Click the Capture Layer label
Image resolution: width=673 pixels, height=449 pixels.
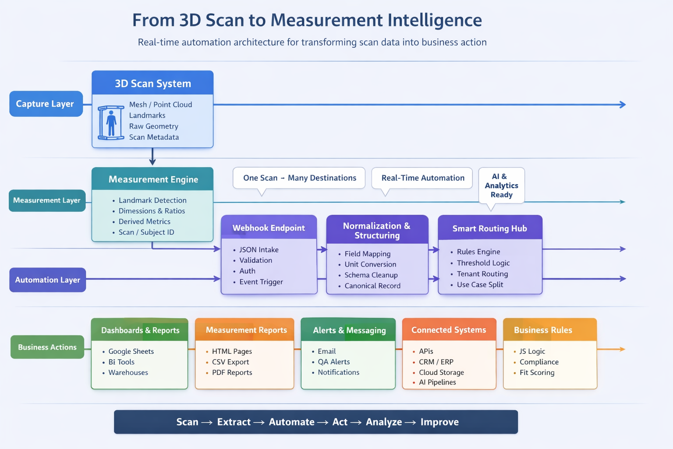coord(46,104)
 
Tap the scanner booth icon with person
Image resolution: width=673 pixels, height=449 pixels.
coord(111,122)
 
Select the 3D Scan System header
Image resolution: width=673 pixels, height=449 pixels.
coord(152,83)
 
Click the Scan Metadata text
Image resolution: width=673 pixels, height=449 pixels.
coord(154,137)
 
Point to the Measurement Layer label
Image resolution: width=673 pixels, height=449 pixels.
coord(47,200)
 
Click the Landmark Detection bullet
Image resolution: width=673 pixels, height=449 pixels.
coord(152,200)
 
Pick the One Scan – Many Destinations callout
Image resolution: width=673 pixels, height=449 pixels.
coord(299,178)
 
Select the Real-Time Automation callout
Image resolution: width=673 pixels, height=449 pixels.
coord(422,178)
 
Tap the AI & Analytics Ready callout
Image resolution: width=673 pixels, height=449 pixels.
coord(501,185)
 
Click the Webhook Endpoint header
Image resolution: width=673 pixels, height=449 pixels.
coord(269,228)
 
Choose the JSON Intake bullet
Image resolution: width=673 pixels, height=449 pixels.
coord(259,249)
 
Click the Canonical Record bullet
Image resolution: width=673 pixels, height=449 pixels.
coord(372,286)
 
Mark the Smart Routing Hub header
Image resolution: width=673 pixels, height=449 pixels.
coord(489,228)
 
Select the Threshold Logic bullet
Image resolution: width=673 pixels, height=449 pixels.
coord(483,263)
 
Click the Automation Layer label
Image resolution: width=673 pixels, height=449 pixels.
coord(48,280)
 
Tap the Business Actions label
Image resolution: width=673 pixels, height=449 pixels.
coord(47,347)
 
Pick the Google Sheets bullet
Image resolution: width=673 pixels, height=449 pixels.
coord(131,351)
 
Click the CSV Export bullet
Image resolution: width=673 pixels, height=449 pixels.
coord(230,362)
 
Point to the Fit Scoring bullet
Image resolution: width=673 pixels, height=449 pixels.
coord(537,373)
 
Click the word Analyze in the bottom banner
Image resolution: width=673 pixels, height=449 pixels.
coord(383,422)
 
